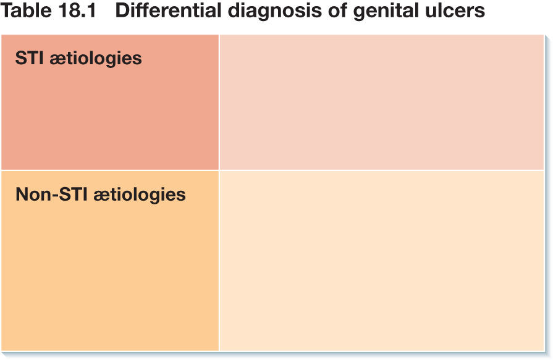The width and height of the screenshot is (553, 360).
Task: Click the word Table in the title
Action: (24, 10)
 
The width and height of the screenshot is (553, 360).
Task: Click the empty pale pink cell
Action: (382, 103)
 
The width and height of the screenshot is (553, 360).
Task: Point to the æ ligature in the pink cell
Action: (58, 60)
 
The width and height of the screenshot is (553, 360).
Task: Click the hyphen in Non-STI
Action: (54, 196)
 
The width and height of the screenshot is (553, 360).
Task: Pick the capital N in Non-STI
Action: (22, 195)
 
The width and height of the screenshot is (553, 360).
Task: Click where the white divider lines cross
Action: (219, 170)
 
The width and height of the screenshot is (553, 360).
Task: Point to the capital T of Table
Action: (7, 10)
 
